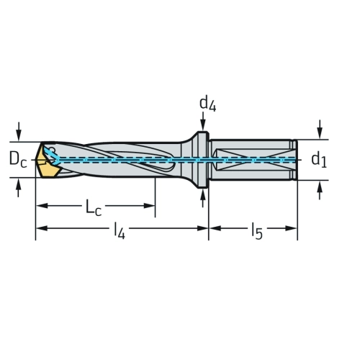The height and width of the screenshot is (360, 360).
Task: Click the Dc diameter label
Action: coord(18,160)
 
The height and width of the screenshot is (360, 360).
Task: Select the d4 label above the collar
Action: coord(208,104)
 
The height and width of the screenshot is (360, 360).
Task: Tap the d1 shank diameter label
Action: coord(319,159)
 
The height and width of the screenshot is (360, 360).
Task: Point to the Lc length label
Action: coord(94,207)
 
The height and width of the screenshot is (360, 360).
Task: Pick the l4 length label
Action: coord(120,231)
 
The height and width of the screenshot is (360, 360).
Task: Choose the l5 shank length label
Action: coord(257,231)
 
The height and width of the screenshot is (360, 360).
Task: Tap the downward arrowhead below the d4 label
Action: coord(203,126)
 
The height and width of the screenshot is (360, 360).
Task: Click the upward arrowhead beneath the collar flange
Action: coord(203,194)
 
